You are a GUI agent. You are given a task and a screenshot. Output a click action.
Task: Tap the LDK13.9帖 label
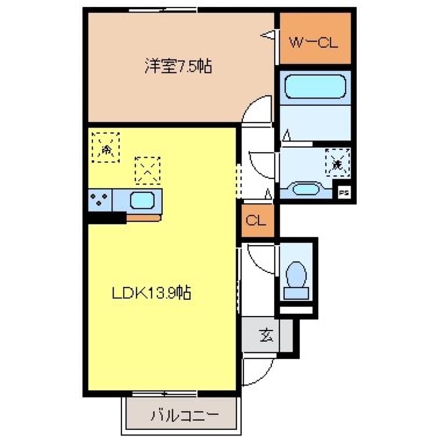point(151,294)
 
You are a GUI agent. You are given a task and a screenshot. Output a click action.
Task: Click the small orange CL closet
point(256,221)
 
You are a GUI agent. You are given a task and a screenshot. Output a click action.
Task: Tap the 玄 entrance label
point(266,336)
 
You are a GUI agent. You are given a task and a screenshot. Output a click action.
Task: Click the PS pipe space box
point(343,193)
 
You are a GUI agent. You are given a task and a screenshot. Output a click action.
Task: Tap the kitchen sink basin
point(142,199)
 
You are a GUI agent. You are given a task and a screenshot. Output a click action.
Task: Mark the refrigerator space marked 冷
point(106,147)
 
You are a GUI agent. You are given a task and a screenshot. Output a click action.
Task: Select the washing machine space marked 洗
point(337,163)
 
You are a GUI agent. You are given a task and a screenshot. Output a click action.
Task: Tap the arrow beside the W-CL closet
point(267,35)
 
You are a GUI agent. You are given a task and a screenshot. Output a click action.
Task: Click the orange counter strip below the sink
point(143,217)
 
